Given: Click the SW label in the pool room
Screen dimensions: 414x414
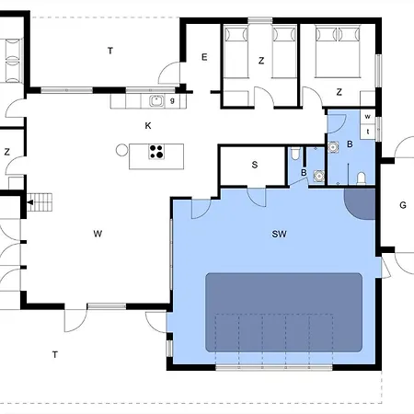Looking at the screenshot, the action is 279,235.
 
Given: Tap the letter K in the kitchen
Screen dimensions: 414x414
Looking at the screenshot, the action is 148,126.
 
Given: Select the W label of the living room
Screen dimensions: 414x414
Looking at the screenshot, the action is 98,234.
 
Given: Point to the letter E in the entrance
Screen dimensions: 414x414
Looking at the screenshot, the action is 204,57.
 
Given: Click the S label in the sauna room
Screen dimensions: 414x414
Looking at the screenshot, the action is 255,165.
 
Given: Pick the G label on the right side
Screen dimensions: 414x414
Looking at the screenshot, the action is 403,205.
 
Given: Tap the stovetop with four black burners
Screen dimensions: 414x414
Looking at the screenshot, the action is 156,152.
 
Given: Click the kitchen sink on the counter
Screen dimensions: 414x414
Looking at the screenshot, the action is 157,101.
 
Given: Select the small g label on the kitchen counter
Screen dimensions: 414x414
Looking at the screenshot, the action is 172,100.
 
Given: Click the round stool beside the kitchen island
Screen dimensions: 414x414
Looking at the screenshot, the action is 121,150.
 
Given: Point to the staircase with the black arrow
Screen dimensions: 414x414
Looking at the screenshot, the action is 40,202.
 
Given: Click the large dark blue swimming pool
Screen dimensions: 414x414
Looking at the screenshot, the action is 283,313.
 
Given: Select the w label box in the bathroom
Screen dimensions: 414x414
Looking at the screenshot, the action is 368,117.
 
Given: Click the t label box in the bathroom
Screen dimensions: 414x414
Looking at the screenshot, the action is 368,132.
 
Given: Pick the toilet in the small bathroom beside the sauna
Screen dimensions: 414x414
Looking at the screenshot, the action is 295,154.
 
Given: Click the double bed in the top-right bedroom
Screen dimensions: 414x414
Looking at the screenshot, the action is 338,52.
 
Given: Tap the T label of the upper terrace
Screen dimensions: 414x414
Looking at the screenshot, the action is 110,51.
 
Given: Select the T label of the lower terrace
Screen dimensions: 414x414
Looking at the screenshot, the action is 55,355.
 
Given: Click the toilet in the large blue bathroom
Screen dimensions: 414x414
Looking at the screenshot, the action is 362,178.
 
